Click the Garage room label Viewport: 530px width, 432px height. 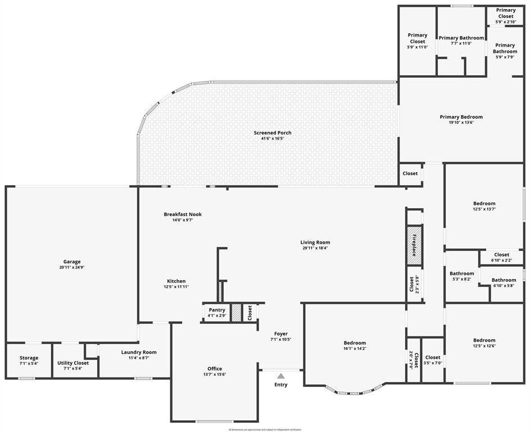(x=71, y=262)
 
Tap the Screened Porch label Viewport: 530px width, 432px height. (x=273, y=133)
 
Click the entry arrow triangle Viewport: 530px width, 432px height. (x=280, y=376)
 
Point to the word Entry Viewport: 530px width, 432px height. (x=280, y=385)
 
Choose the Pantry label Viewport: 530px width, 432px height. (x=217, y=310)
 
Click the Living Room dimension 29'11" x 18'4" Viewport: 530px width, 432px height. (x=315, y=248)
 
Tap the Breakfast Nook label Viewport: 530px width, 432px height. (x=183, y=214)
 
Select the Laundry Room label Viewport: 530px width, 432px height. (x=139, y=352)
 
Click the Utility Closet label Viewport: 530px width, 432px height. (x=73, y=363)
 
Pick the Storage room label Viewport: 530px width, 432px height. (x=29, y=358)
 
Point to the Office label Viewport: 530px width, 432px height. (x=215, y=369)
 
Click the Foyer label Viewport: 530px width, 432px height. (x=280, y=334)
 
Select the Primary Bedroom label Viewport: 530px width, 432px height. (x=461, y=117)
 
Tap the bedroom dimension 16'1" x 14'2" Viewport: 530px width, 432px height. (x=355, y=349)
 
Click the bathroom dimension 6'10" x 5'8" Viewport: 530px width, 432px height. (x=504, y=286)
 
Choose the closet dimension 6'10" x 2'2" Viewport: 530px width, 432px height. (x=501, y=260)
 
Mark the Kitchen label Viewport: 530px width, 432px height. (x=176, y=281)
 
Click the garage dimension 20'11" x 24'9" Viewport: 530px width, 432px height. (x=71, y=268)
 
